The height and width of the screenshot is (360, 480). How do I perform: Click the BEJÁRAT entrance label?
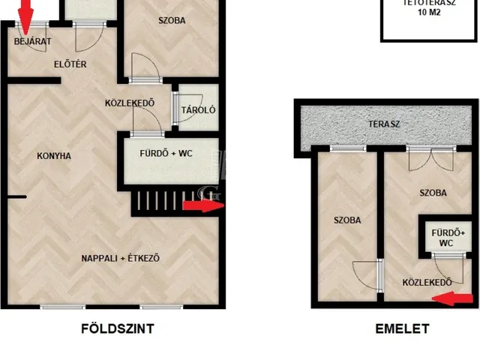coord(33,41)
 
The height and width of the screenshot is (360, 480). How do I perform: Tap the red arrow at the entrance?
coord(25,16)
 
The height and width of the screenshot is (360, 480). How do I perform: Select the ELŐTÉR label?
coord(70,64)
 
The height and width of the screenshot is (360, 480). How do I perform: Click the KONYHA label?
coord(54,156)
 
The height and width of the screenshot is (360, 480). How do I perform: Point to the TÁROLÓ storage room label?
coord(198,110)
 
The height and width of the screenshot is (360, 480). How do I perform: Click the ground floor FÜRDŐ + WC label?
coord(166,153)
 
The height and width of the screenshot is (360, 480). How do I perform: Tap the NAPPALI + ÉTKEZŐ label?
coord(120,258)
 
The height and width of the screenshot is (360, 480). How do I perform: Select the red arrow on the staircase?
coord(203,205)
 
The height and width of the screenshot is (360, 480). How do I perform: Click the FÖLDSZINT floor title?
coord(118,328)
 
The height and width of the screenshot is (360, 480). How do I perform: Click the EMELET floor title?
coord(402,328)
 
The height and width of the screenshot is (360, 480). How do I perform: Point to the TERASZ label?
coord(384,124)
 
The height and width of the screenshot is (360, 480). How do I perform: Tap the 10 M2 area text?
coord(429,12)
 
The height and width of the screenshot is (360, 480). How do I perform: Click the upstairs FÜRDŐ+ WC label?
coord(448,238)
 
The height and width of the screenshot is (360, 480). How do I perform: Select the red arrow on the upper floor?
coord(452,298)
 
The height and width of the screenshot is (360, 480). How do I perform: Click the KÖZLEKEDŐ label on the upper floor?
coord(427,282)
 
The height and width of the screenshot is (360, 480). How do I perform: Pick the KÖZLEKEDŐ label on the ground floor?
coord(130,103)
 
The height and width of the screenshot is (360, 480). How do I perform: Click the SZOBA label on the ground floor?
coord(172,20)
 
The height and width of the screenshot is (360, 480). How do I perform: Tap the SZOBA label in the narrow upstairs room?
coord(347,220)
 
